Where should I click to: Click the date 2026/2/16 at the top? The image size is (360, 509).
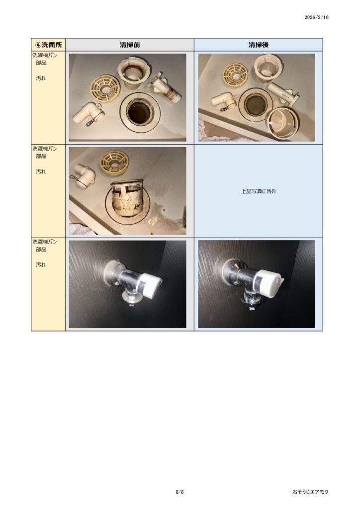[x=316, y=17]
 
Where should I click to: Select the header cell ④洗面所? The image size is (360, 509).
[x=48, y=44]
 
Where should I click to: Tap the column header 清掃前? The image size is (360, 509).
[x=129, y=45]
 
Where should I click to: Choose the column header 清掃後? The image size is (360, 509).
[x=259, y=45]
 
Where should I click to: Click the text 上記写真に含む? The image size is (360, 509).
[x=259, y=191]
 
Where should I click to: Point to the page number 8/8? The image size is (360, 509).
[x=180, y=492]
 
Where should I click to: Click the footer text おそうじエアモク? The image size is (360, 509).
[x=310, y=492]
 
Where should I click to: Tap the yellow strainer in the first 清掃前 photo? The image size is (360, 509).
[x=105, y=88]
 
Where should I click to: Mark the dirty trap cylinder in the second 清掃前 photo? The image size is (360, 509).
[x=128, y=198]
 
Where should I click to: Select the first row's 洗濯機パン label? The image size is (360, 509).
[x=44, y=55]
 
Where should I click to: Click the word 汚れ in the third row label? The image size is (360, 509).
[x=41, y=264]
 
